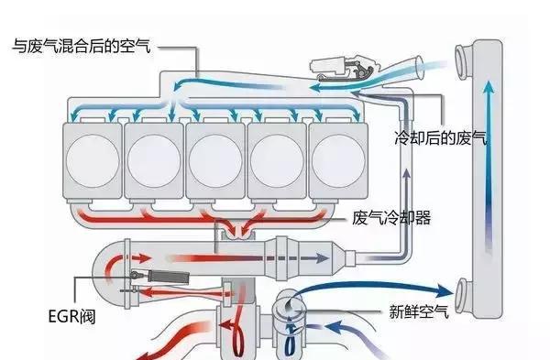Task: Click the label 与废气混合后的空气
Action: tap(82, 44)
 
